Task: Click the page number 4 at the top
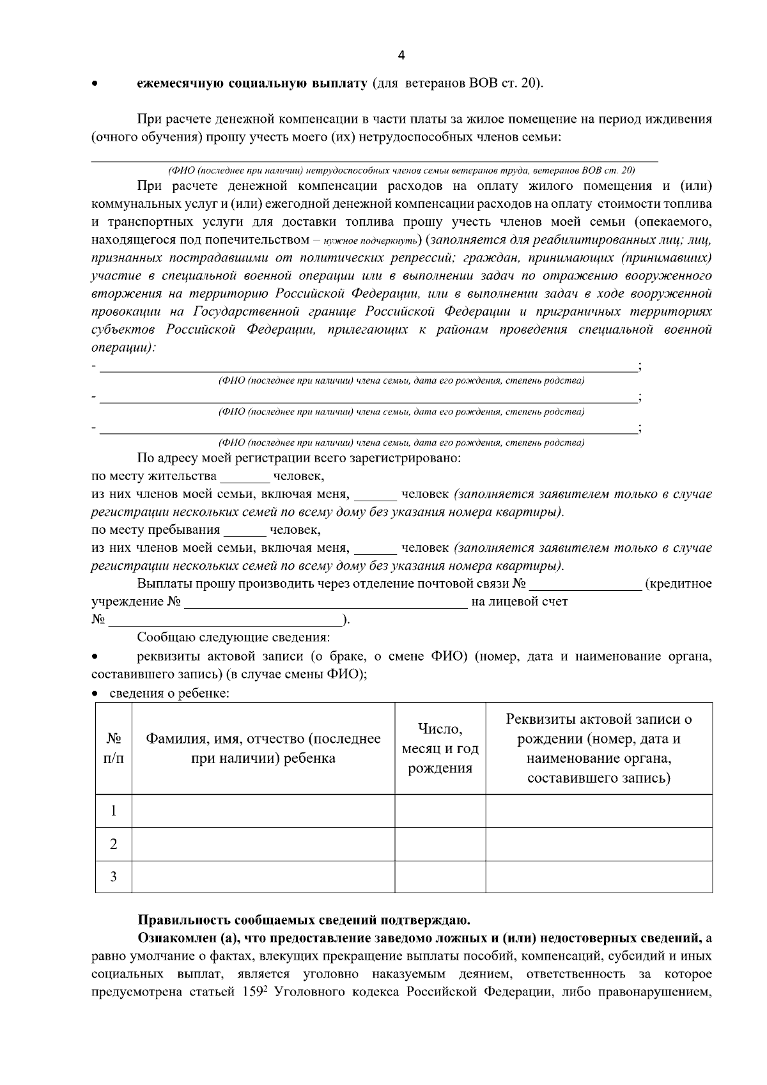pos(401,56)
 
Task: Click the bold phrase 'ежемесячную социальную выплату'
pos(252,83)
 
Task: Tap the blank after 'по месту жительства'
pos(245,478)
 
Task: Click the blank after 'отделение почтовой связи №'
pos(585,585)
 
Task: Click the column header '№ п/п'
pos(114,749)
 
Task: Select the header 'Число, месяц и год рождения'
pos(440,749)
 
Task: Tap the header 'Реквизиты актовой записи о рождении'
pos(599,749)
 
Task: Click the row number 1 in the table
pos(114,811)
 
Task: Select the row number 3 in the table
pos(114,877)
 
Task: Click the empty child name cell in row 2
pos(263,844)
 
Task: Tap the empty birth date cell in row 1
pos(440,811)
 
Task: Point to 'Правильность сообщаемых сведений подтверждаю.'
pos(304,921)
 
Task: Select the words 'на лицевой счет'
pos(519,602)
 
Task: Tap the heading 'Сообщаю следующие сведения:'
pos(233,638)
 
